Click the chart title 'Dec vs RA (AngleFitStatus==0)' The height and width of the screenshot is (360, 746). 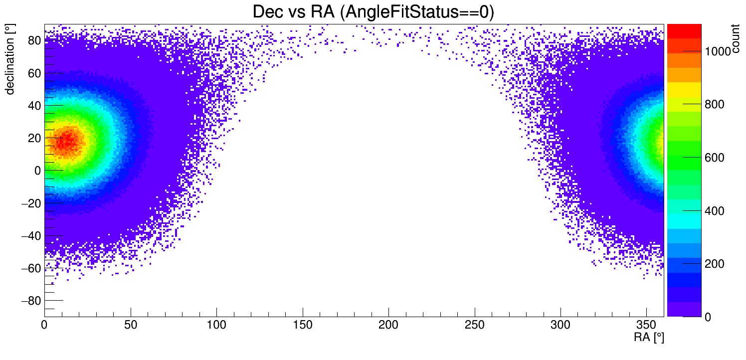pyautogui.click(x=373, y=12)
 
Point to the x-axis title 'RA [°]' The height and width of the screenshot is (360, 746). pyautogui.click(x=649, y=338)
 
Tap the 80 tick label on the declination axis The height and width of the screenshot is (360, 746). pyautogui.click(x=34, y=41)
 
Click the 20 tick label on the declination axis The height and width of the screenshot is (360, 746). pyautogui.click(x=34, y=138)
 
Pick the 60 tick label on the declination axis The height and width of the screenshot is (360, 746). pyautogui.click(x=34, y=73)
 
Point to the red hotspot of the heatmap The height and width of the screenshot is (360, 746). pyautogui.click(x=65, y=141)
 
